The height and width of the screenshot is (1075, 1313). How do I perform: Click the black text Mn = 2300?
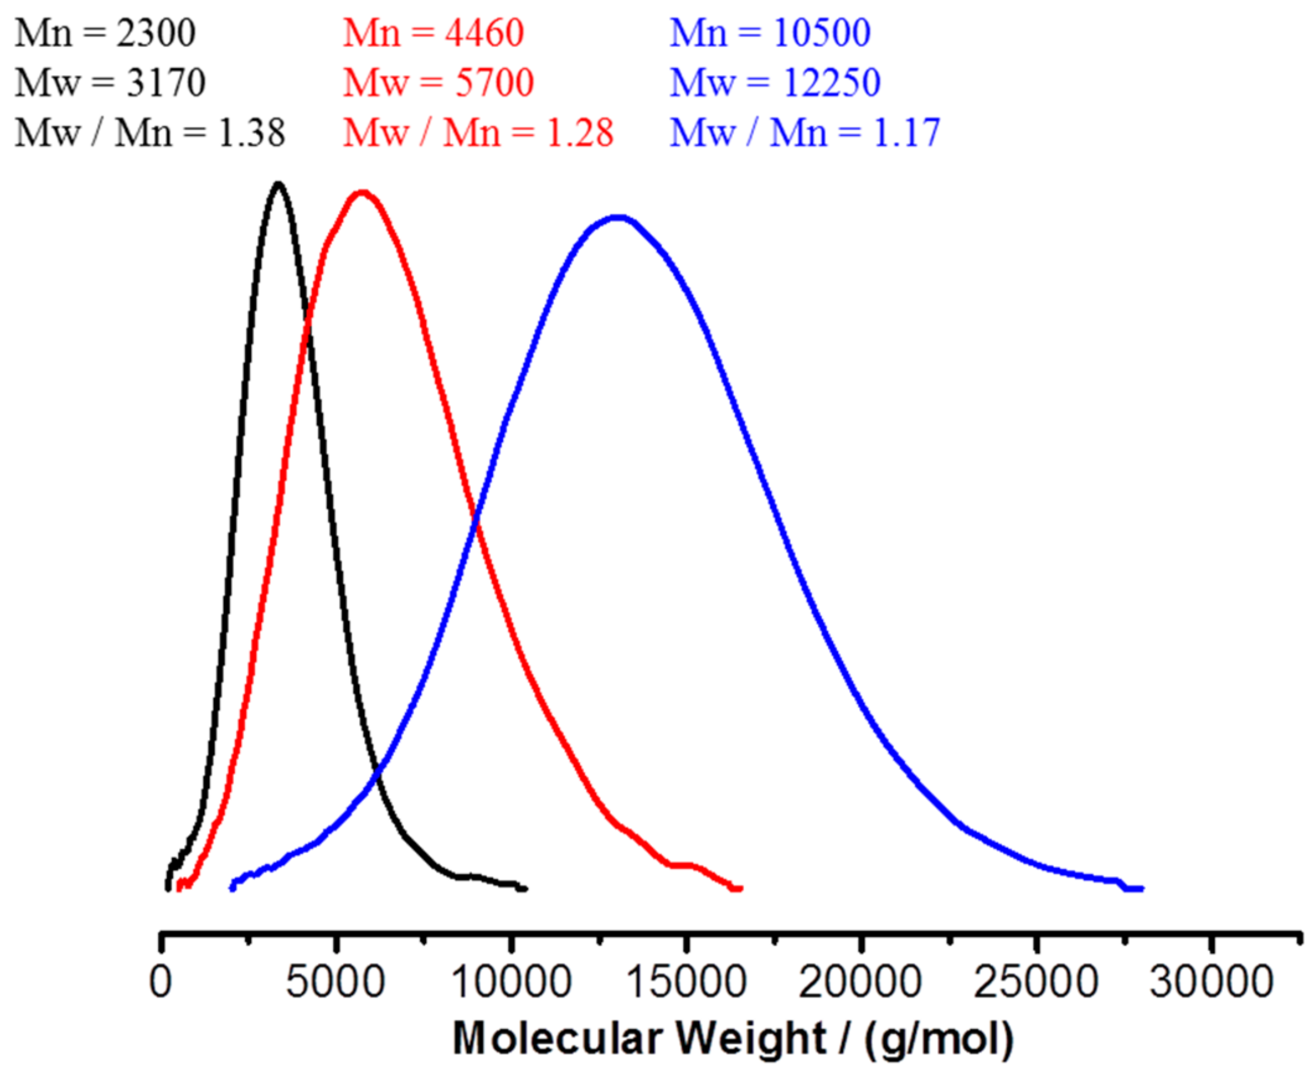(105, 33)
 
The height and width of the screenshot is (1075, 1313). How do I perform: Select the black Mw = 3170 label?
(110, 82)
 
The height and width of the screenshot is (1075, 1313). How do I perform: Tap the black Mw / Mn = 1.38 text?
(150, 133)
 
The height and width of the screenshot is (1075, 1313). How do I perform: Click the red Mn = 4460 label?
(433, 33)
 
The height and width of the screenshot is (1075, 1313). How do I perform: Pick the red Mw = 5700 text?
(438, 82)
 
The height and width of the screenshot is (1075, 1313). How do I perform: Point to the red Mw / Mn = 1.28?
(478, 133)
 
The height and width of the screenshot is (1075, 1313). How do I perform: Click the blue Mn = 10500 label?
(770, 33)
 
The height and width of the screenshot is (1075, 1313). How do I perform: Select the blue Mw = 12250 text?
(775, 82)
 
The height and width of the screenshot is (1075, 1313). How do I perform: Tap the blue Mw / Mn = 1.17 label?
(805, 133)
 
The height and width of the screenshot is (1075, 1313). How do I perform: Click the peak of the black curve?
(278, 184)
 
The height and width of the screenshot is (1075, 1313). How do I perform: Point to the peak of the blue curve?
(619, 218)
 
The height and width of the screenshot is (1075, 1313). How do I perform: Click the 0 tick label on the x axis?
(161, 982)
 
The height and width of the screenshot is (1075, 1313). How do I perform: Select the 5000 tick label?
(335, 982)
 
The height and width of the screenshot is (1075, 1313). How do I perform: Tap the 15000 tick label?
(686, 982)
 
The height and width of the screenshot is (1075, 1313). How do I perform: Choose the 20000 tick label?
(860, 982)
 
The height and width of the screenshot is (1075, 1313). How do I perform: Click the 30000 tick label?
(1211, 982)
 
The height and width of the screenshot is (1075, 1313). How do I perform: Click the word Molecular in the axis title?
(558, 1038)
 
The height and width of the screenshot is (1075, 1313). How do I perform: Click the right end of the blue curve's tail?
(1141, 889)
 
